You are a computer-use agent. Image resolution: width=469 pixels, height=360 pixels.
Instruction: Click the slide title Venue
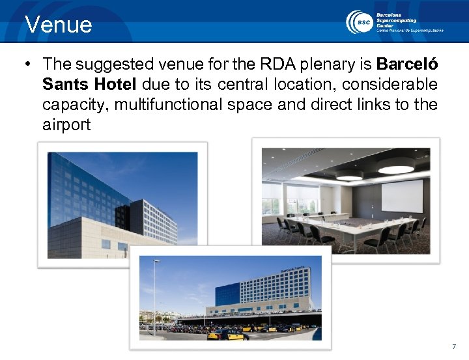point(59,25)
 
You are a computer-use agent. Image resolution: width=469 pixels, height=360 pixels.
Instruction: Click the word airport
point(66,124)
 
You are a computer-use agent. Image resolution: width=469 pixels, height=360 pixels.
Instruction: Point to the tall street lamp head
point(156,261)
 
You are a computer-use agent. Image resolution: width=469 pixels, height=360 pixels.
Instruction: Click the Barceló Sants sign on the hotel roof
point(292,269)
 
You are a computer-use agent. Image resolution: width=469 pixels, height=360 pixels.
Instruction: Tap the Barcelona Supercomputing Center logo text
point(409,21)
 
